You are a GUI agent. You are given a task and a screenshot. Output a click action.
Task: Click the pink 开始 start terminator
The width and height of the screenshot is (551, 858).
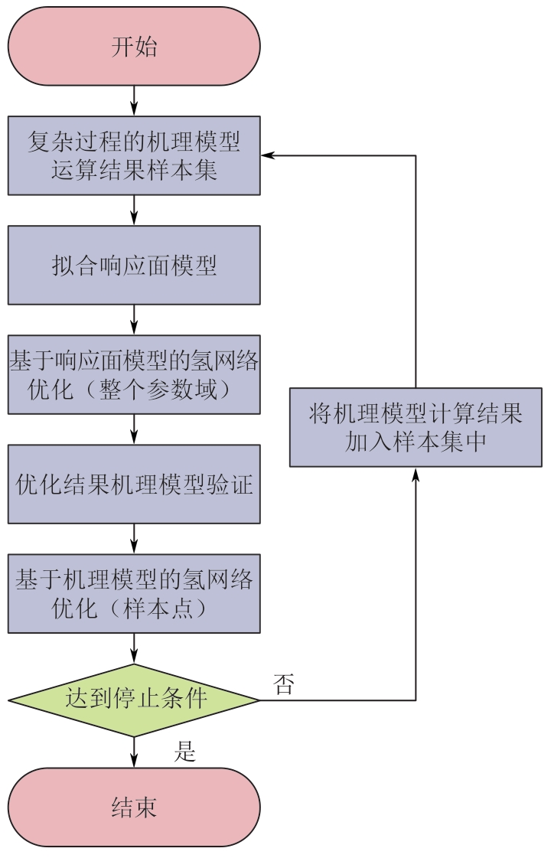(x=134, y=46)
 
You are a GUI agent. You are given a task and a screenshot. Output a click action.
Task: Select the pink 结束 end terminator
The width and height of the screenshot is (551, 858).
(x=134, y=807)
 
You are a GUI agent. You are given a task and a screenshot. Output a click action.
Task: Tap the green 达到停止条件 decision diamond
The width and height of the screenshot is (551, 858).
(x=134, y=700)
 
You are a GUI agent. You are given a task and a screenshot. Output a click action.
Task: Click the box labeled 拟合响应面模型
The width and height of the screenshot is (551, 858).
(x=134, y=265)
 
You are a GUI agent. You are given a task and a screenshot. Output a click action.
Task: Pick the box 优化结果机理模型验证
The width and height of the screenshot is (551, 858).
(x=134, y=484)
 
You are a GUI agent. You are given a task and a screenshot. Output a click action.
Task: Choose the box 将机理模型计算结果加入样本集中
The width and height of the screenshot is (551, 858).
(x=416, y=427)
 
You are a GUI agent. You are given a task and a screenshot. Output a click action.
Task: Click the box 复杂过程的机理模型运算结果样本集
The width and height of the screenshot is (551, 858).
(x=134, y=155)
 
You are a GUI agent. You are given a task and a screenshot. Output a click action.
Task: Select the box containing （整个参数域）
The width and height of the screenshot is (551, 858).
(x=134, y=374)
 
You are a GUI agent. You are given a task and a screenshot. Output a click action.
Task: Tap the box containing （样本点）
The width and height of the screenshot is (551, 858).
(x=134, y=594)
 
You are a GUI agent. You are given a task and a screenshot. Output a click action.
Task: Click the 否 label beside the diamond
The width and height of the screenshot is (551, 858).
(x=283, y=684)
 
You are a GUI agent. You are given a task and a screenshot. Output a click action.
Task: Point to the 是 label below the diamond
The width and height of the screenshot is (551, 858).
(x=185, y=752)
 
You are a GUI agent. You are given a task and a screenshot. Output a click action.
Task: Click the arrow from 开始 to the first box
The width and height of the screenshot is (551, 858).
(x=134, y=100)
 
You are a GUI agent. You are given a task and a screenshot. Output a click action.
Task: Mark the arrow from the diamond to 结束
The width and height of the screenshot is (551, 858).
(x=134, y=752)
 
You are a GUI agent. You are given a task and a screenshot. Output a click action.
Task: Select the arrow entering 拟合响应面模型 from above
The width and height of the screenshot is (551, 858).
(x=134, y=210)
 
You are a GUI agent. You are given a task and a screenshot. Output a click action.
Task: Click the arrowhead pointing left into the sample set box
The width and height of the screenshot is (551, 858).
(x=267, y=155)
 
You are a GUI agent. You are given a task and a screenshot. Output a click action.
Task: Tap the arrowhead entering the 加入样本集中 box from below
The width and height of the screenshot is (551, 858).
(x=416, y=473)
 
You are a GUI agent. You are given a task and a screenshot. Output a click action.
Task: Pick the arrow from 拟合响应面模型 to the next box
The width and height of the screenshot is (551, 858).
(x=134, y=319)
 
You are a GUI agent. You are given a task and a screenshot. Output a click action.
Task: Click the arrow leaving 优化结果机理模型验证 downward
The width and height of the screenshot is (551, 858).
(x=134, y=539)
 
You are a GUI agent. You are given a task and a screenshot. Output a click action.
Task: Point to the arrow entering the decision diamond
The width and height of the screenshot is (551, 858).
(x=134, y=648)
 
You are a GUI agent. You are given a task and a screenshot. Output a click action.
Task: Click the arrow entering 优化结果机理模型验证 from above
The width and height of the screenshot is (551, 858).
(x=134, y=429)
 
